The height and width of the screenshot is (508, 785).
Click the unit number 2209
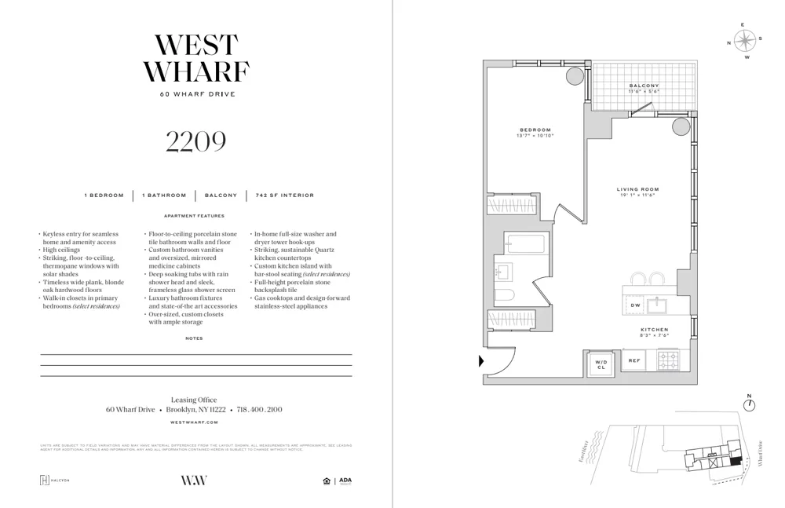195,141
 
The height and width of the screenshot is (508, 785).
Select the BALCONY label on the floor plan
644,86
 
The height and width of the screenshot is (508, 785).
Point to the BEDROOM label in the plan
535,130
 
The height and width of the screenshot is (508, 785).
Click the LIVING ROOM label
637,189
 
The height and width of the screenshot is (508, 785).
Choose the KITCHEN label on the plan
654,330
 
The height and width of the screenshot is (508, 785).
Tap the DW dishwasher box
636,305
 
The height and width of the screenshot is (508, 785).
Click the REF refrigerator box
634,360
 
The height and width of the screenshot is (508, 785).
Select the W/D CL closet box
601,364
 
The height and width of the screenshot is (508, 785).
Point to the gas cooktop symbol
669,360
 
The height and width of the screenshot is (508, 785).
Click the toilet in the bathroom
505,296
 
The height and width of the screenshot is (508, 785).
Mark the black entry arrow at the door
481,362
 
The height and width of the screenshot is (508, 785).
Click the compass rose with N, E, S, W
747,40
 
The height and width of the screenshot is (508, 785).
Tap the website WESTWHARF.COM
195,422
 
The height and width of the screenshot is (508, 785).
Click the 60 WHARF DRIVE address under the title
195,94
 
